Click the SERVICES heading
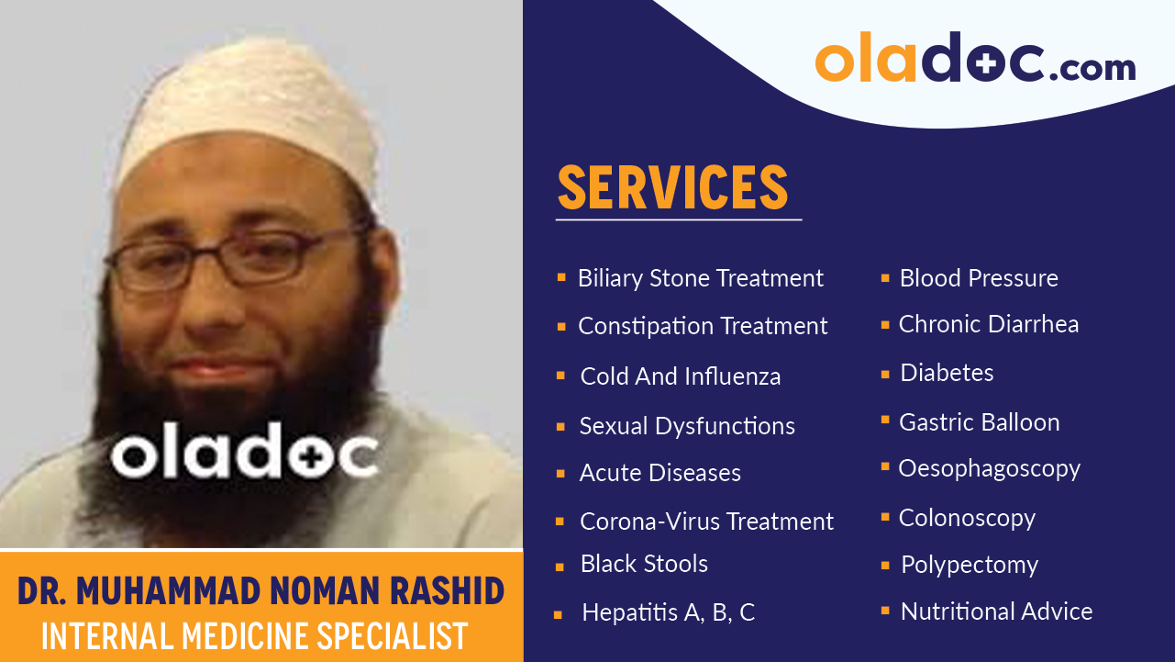pos(672,187)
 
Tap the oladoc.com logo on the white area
pos(975,57)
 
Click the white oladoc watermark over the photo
pos(244,451)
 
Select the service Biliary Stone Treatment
pos(700,278)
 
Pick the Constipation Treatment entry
pos(703,326)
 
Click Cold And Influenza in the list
pos(681,376)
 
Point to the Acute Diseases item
pos(660,473)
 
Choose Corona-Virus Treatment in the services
pos(706,522)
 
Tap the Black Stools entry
pos(644,564)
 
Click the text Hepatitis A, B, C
pos(669,612)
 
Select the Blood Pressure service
pos(979,278)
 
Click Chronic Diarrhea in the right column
pos(989,324)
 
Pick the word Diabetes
pos(947,373)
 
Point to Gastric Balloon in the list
pos(980,422)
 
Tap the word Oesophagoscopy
pos(990,469)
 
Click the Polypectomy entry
pos(970,566)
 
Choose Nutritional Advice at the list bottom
pos(997,612)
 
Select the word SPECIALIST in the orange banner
pos(393,635)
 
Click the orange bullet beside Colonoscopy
pos(885,517)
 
